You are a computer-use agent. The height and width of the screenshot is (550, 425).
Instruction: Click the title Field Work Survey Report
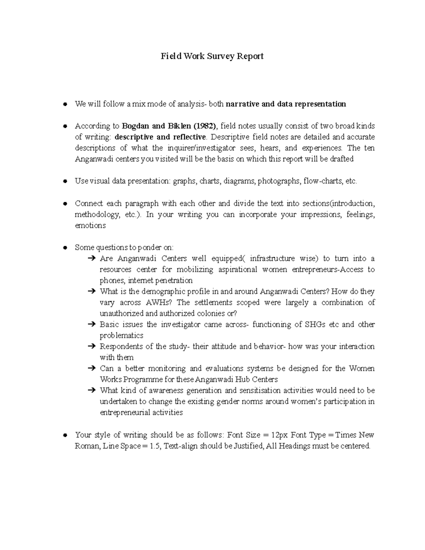tap(212, 56)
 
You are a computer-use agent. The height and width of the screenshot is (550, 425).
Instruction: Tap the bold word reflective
tap(189, 137)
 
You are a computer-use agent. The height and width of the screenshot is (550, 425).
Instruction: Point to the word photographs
tap(278, 181)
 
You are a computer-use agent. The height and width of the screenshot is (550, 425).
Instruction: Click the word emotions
tap(90, 226)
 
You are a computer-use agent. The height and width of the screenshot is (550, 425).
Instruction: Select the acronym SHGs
tap(315, 324)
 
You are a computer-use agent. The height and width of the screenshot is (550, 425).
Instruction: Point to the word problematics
tap(121, 335)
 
